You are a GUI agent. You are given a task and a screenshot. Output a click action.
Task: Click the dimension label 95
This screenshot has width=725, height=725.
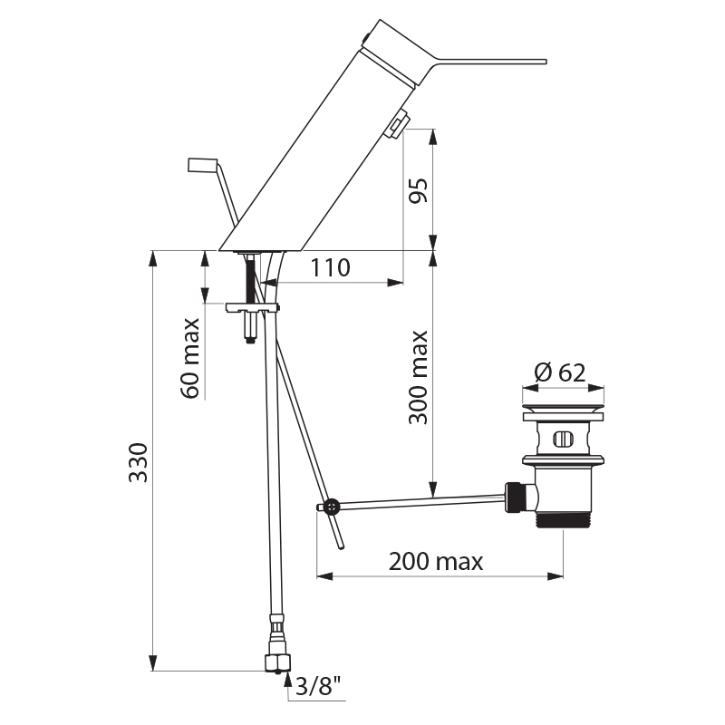(x=418, y=190)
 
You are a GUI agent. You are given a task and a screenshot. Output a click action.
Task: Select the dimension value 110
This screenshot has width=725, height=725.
(x=331, y=267)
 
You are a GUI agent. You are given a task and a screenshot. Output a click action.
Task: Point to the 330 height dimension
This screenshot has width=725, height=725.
(x=136, y=461)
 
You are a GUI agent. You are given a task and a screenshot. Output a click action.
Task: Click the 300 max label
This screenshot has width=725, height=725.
(x=418, y=377)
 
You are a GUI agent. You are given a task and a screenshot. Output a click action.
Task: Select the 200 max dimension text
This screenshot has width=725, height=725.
(x=436, y=561)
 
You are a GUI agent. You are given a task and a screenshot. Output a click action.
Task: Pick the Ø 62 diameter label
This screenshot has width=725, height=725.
(x=559, y=372)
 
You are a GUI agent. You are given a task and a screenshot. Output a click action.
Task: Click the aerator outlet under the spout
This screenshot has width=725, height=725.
(x=396, y=125)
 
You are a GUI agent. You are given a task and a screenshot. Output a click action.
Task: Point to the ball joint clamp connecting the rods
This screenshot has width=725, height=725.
(x=332, y=506)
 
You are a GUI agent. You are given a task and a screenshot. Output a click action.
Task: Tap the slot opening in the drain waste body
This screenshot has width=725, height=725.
(x=563, y=440)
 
